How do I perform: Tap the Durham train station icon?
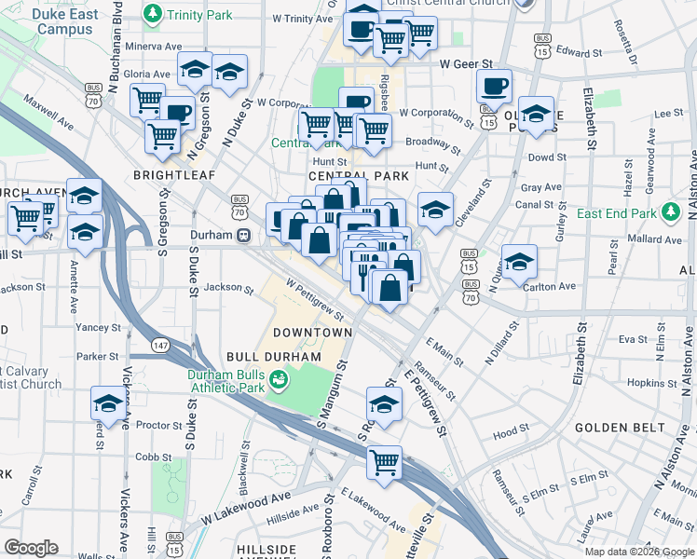point(242,235)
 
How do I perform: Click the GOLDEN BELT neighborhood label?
point(620,428)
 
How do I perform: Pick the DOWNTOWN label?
point(312,333)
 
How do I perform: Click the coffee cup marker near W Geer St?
point(494,86)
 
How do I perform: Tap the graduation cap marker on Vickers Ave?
point(108,404)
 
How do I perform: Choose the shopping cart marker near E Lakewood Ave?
point(384,461)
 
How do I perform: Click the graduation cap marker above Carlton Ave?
point(519,260)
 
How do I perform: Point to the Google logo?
point(31,548)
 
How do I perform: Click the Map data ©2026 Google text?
point(639,552)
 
